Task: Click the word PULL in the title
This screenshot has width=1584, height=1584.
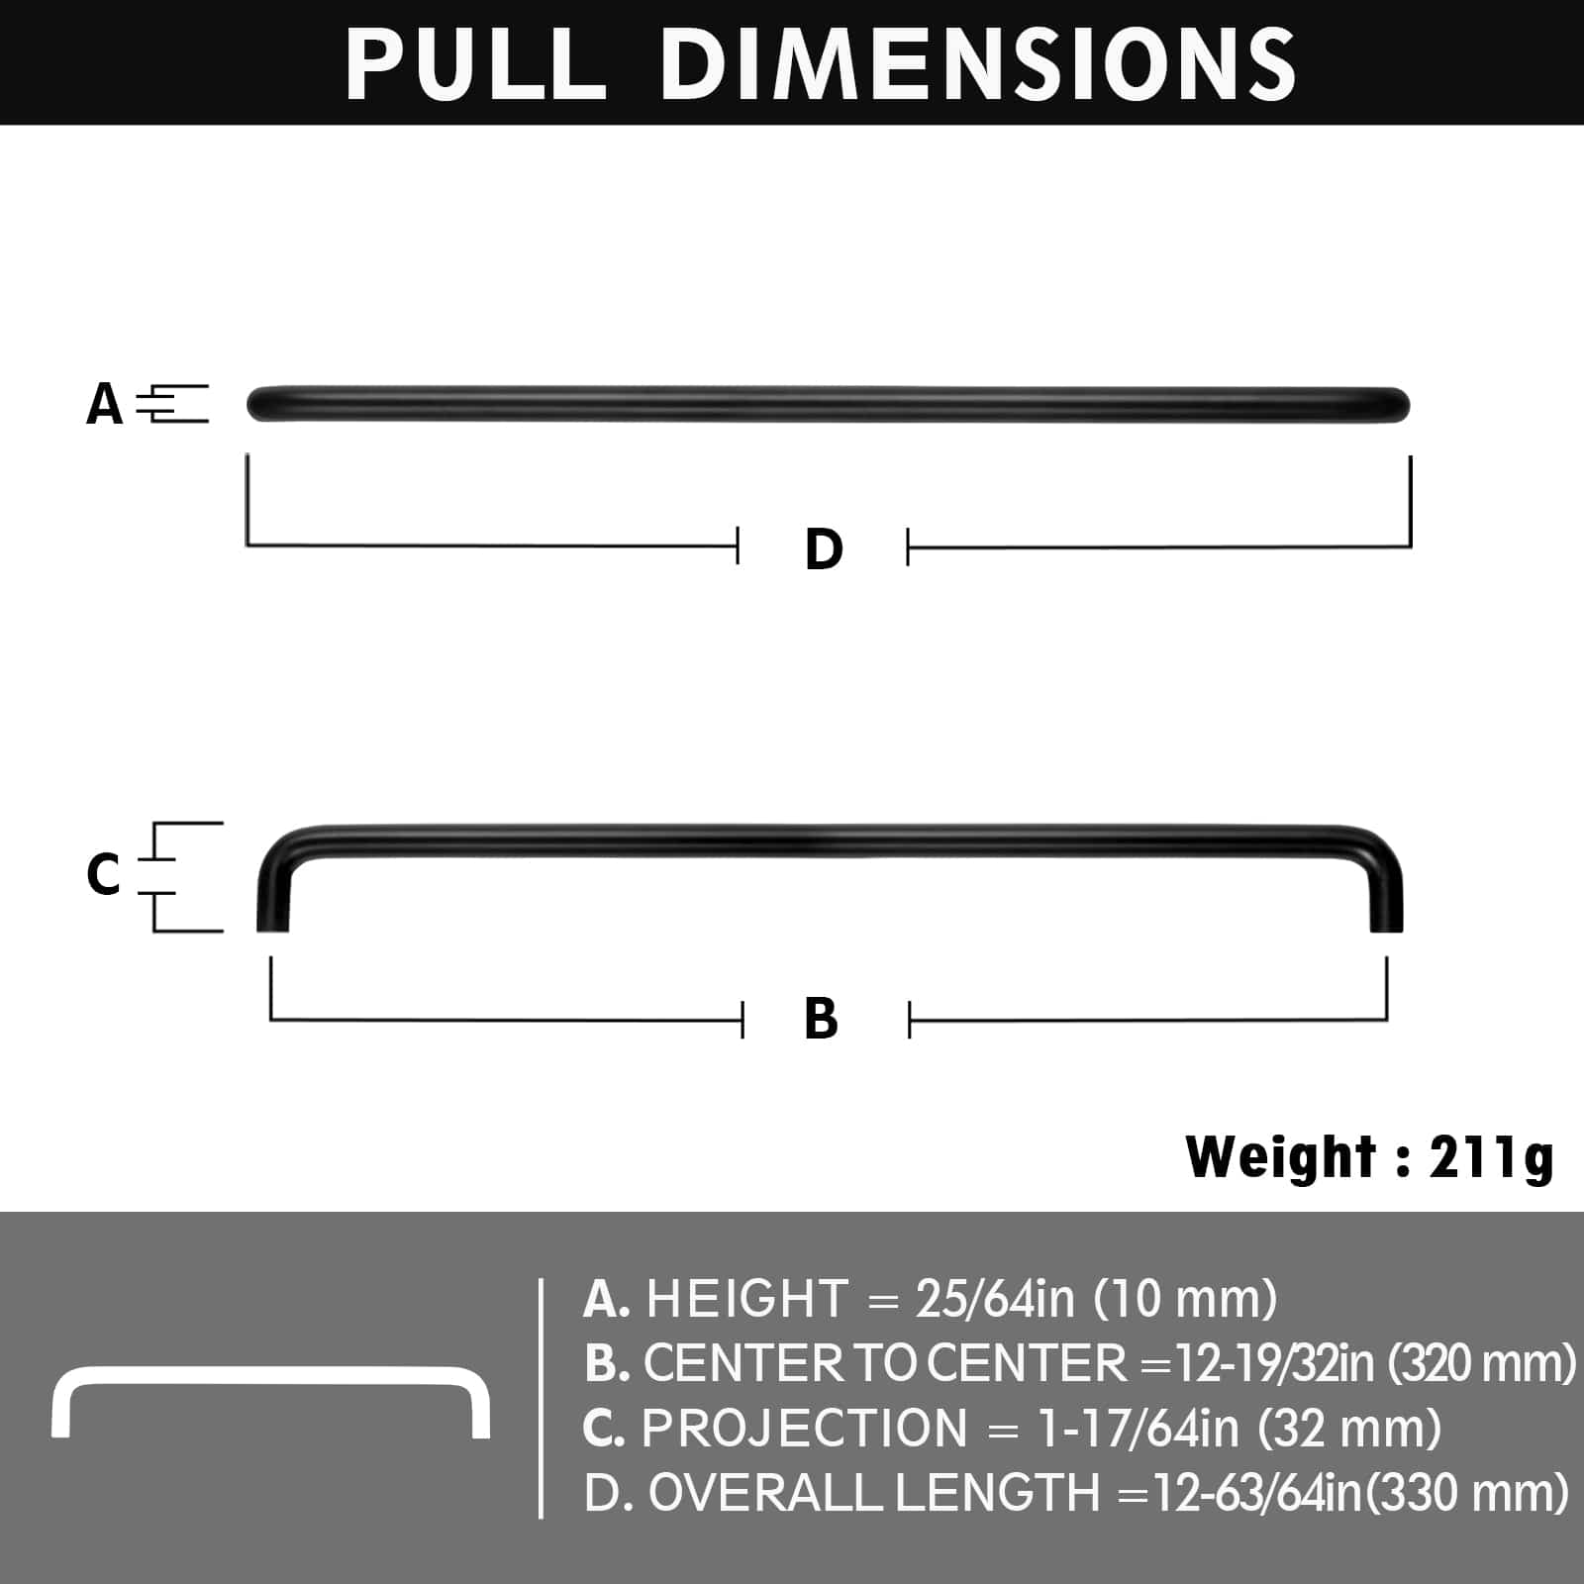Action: point(475,63)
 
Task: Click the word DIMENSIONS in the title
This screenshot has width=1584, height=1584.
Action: point(978,63)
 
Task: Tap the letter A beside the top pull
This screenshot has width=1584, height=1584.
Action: point(104,404)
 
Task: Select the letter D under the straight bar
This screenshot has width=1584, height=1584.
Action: point(824,548)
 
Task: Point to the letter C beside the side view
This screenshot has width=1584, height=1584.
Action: point(103,874)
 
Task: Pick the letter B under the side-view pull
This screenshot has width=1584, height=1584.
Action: point(822,1019)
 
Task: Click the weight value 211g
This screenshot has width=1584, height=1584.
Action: point(1491,1156)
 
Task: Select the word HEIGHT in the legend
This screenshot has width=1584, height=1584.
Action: point(747,1298)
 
